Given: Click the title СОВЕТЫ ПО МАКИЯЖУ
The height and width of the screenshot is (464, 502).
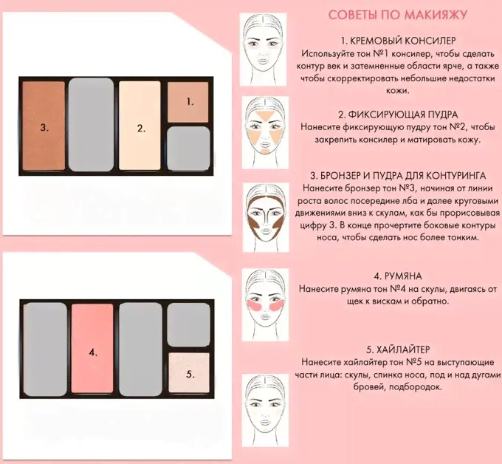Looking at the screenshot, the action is point(398,15).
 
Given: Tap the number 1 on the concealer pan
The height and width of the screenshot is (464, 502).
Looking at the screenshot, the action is point(190,102).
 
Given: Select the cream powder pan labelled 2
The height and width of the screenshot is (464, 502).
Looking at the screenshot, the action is point(140,126).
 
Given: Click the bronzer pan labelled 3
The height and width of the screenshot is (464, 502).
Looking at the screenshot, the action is point(44,126).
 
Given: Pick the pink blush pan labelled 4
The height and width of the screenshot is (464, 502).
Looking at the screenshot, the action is point(92,348).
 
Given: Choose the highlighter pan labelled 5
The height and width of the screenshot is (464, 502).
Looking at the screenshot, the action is point(189,372).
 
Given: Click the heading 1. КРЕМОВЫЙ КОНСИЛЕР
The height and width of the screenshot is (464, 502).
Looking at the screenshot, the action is point(398,41).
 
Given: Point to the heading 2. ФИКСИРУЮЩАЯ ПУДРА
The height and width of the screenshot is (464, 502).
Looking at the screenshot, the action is point(398,115).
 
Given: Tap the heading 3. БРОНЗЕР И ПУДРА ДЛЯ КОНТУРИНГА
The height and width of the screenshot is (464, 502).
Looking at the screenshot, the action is point(398,176).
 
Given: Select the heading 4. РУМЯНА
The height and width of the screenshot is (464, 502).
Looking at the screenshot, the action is point(398,276).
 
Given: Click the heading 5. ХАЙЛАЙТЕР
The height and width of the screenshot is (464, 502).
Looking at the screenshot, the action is point(398,349).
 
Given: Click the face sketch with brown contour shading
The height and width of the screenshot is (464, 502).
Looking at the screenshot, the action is point(266,217).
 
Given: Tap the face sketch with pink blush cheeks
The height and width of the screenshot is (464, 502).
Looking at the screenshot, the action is point(266,304).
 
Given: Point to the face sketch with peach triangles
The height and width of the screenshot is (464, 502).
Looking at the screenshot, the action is point(266,132).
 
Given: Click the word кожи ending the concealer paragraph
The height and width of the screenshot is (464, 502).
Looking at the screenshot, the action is point(398,91).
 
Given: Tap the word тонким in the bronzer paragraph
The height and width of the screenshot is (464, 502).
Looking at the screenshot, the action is point(461,237).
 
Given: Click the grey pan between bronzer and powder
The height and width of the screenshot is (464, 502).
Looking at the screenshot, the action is point(91,124).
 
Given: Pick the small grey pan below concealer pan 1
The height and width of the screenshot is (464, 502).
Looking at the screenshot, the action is point(188,148).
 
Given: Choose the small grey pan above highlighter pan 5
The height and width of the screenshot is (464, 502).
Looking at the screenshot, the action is point(188,325).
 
